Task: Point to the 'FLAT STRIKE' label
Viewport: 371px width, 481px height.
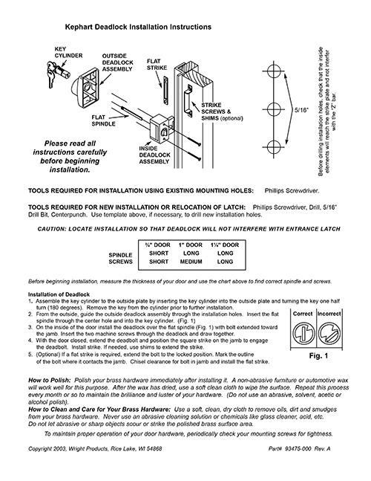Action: (155, 67)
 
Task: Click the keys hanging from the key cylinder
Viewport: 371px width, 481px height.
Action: (50, 71)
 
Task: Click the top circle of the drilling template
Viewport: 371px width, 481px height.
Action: (270, 73)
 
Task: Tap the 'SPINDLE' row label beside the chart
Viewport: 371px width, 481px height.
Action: (120, 253)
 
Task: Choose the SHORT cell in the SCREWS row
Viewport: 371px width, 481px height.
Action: (155, 261)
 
